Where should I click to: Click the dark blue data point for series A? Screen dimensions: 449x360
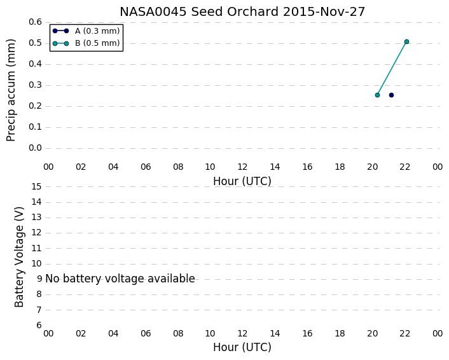(x=391, y=95)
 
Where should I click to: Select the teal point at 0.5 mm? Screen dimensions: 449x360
(x=406, y=42)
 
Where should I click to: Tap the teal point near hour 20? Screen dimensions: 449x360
(x=377, y=95)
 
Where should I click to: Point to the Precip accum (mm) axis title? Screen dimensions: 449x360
(x=11, y=90)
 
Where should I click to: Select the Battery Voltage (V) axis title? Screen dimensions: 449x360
(x=19, y=257)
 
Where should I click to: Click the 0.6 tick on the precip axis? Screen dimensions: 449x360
(x=35, y=22)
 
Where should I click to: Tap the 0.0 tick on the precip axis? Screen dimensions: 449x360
(x=35, y=148)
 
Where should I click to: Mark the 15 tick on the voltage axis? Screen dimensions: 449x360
(x=36, y=187)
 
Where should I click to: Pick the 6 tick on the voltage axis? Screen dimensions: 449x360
(x=39, y=326)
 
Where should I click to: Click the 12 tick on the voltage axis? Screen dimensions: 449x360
(x=36, y=233)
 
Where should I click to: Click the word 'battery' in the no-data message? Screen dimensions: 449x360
(x=82, y=279)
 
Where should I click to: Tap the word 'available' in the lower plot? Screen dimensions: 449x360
(x=171, y=279)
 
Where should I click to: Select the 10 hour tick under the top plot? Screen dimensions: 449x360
(x=210, y=167)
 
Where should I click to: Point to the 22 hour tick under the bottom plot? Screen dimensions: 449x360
(x=405, y=334)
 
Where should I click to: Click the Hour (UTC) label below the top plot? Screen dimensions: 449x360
(x=242, y=181)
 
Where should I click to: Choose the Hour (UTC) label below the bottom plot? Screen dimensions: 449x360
(x=242, y=347)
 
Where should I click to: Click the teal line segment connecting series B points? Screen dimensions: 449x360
(x=392, y=69)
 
